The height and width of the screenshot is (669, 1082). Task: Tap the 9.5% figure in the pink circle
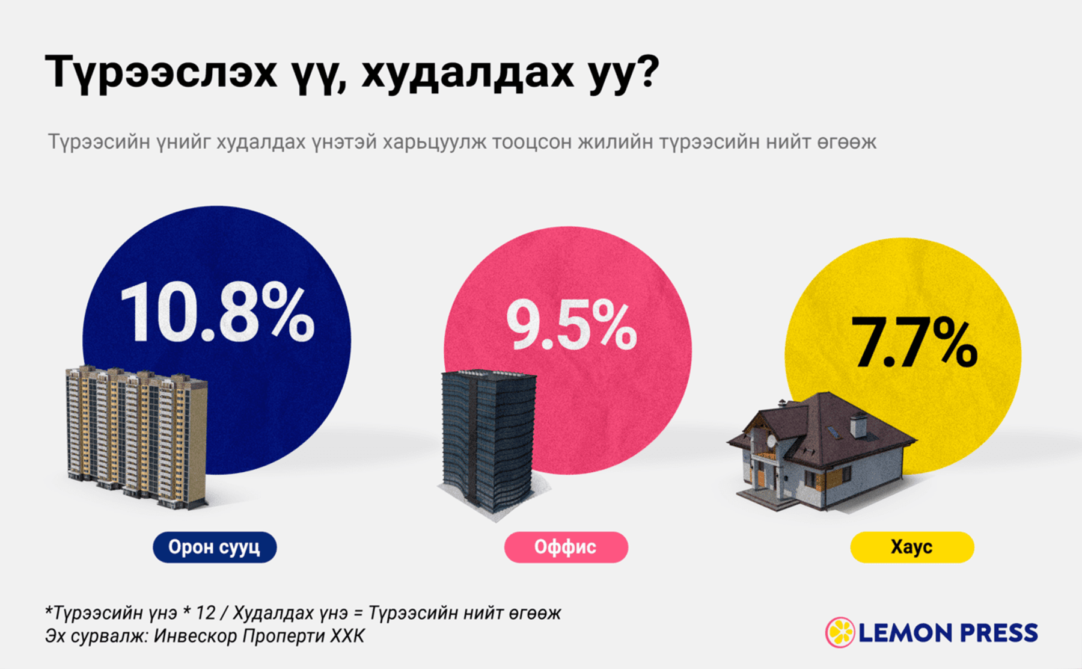pos(571,325)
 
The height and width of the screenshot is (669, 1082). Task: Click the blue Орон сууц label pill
pos(215,547)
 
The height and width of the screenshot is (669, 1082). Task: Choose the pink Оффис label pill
pos(566,547)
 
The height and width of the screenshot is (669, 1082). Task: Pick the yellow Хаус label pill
pos(912,547)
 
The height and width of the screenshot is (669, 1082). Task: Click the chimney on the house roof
pos(857,425)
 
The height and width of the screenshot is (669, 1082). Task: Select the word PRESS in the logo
pos(998,633)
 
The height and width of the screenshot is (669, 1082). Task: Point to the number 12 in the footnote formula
pos(206,613)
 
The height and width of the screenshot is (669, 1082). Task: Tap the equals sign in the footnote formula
pos(358,614)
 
